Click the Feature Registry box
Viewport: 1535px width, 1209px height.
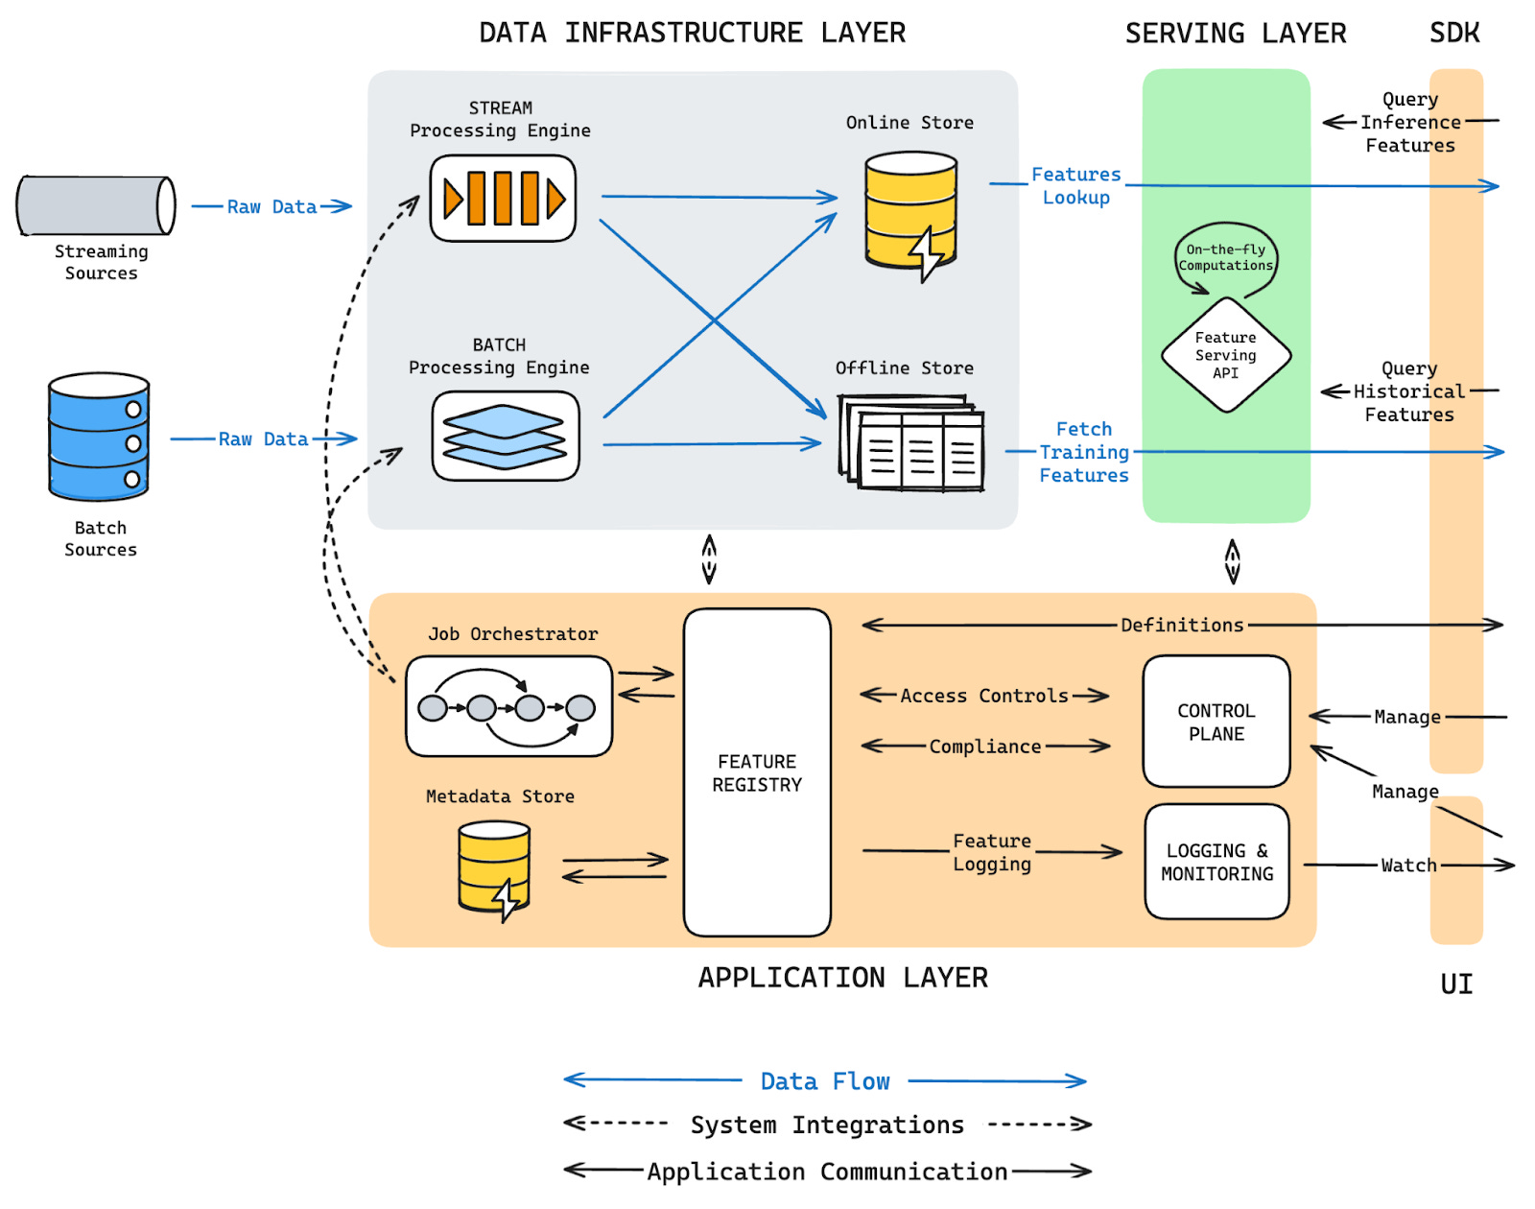pos(757,772)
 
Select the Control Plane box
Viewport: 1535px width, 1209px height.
pos(1216,722)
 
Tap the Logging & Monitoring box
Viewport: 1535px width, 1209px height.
pos(1216,862)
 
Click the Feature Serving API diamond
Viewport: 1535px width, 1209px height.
pos(1226,355)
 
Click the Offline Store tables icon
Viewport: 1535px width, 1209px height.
pos(910,442)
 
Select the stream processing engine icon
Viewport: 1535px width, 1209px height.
pos(503,199)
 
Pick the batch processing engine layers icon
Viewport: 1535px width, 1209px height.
pos(505,436)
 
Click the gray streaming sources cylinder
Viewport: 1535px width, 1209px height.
pos(96,205)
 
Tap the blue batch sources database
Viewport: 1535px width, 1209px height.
pos(99,436)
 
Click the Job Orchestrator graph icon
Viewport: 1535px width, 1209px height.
pos(508,706)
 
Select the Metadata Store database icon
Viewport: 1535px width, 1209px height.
pos(494,870)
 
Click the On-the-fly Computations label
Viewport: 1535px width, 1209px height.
pos(1225,257)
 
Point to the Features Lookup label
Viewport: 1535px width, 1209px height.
pos(1075,185)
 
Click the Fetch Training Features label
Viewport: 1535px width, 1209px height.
pos(1083,452)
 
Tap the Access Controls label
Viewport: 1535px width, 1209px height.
pos(983,695)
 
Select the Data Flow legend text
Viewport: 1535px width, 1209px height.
pos(824,1081)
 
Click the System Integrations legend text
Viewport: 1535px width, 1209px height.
pos(827,1125)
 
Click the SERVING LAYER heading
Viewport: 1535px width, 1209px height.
pos(1236,33)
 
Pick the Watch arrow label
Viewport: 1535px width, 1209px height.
pos(1408,865)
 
